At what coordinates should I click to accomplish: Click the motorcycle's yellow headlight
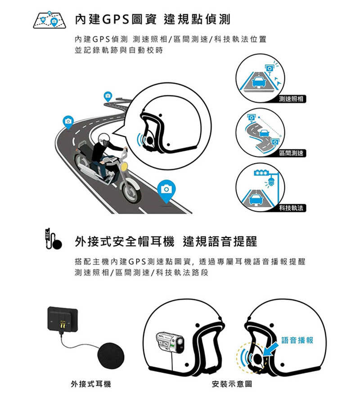click(124, 167)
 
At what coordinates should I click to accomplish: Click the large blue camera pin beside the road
click(166, 189)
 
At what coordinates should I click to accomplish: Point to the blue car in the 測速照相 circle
click(258, 82)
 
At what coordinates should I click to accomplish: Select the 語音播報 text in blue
click(297, 341)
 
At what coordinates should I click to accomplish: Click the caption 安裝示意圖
click(231, 384)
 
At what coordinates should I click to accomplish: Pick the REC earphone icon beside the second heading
click(53, 240)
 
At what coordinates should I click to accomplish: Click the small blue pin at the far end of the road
click(108, 96)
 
